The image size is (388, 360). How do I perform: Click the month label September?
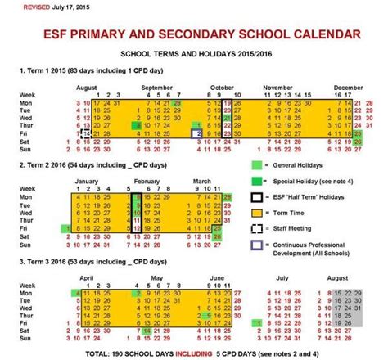coord(156,86)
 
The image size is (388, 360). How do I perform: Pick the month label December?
coord(347,86)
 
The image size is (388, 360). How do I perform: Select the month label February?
coord(147,180)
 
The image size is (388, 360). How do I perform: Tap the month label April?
coord(88,277)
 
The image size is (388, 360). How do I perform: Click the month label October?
coord(221,86)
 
